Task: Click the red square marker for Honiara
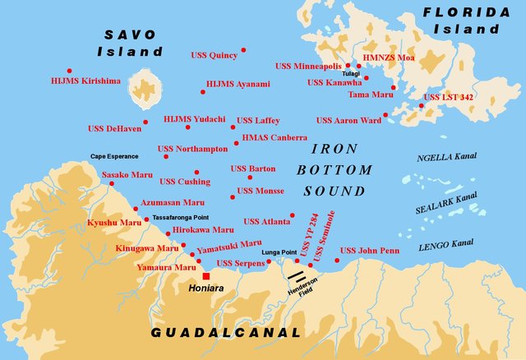205,276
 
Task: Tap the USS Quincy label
214,56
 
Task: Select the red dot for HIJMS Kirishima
69,71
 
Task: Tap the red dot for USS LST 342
421,105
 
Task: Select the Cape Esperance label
114,156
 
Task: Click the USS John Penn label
369,250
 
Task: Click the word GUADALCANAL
226,333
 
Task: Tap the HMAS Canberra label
275,137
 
